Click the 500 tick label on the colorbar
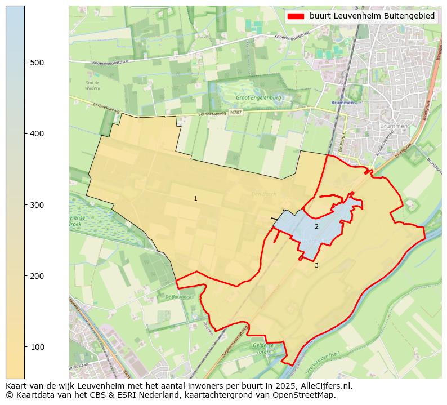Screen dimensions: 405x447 [37, 63]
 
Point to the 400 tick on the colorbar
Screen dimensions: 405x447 [37, 133]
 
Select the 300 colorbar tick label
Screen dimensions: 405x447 [37, 204]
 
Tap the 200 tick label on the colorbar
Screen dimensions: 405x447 [37, 275]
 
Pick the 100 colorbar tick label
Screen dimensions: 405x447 [37, 346]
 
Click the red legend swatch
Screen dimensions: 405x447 [296, 16]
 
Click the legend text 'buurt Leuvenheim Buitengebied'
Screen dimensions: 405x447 [372, 16]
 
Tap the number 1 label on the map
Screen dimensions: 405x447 [195, 198]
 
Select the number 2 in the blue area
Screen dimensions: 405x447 [316, 226]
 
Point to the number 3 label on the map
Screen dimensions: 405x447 [316, 265]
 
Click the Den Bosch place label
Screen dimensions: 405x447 [263, 194]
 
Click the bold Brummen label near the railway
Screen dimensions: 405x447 [343, 103]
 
